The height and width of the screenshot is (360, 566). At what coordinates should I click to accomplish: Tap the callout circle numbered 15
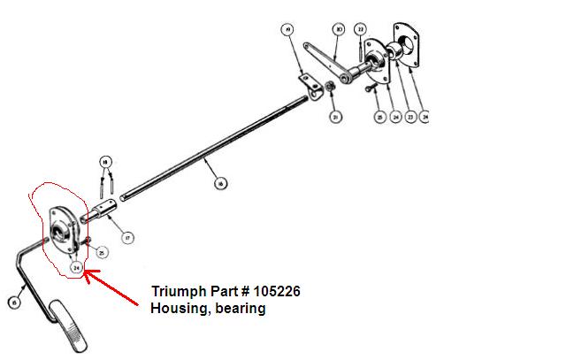[14, 303]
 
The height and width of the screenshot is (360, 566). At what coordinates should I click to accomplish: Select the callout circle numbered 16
[220, 183]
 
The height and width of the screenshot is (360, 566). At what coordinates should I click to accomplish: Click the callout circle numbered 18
[106, 162]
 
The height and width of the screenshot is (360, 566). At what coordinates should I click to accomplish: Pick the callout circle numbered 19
[287, 30]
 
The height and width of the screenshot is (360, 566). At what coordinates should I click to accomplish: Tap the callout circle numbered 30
[339, 29]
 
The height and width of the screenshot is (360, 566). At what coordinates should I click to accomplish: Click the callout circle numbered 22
[361, 29]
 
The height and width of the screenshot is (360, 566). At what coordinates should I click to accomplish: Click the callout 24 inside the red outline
[77, 267]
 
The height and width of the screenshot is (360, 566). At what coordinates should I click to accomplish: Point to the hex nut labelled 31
[329, 87]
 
